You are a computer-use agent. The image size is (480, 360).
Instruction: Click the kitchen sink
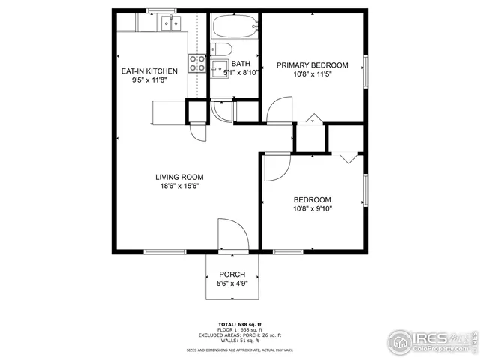(x=169, y=24)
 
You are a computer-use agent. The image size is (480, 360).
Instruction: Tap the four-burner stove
(x=196, y=64)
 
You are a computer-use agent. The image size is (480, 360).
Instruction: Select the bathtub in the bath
(x=234, y=28)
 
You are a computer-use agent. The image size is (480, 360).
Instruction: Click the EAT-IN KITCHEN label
(x=149, y=71)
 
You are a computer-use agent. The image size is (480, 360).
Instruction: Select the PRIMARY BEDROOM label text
(x=313, y=65)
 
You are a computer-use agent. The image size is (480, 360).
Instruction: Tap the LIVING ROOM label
(x=179, y=178)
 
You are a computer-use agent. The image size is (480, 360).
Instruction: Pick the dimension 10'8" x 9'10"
(x=313, y=209)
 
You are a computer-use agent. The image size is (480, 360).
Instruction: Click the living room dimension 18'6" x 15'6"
(x=179, y=187)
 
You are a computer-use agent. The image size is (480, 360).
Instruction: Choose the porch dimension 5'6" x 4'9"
(x=232, y=283)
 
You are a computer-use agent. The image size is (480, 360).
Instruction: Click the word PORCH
(x=232, y=274)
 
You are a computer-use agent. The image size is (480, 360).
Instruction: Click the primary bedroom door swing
(x=277, y=111)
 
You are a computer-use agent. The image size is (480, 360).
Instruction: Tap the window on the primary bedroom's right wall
(x=367, y=71)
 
